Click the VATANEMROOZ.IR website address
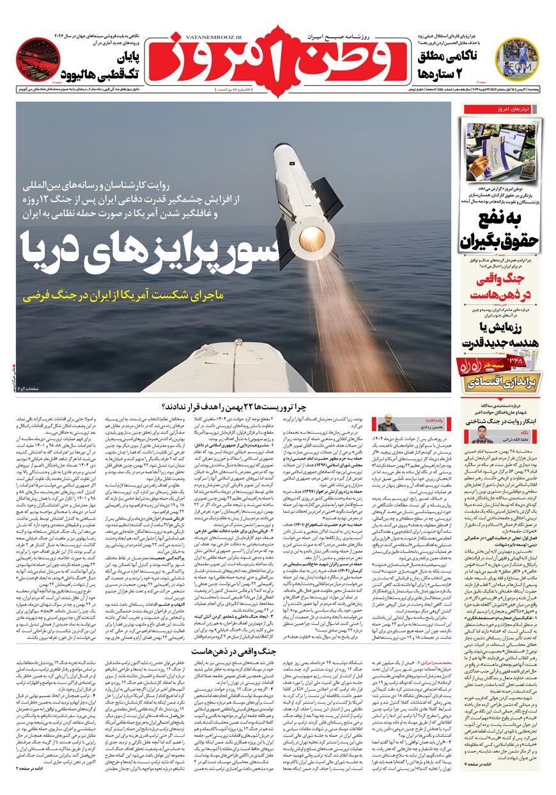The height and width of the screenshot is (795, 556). click(197, 38)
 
